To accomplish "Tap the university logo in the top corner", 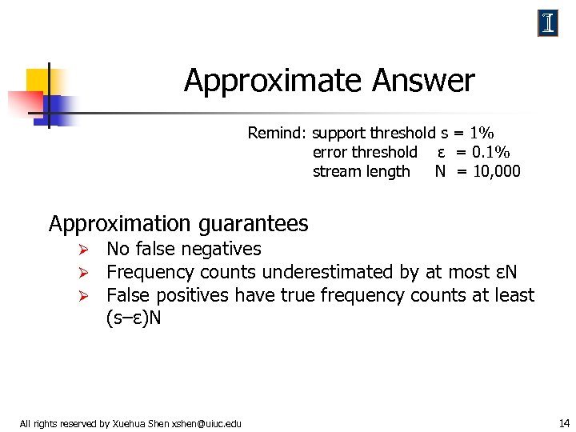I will [x=548, y=24].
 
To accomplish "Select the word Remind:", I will [x=278, y=133].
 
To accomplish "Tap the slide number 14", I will [x=563, y=422].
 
